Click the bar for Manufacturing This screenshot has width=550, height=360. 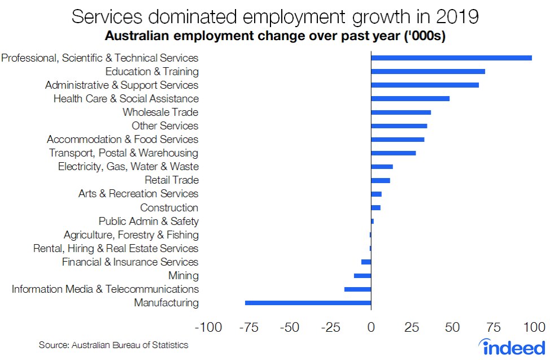[x=308, y=303]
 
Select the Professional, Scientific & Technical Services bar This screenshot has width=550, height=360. [x=451, y=58]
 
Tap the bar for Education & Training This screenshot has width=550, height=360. [x=427, y=72]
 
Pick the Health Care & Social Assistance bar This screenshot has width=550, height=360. [x=410, y=98]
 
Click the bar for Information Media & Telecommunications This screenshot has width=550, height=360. [x=357, y=289]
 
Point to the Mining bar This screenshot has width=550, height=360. [x=363, y=276]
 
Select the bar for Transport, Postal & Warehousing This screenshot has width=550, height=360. [x=393, y=153]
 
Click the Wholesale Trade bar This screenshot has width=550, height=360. [x=400, y=112]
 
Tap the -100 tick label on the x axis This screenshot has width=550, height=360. [x=208, y=327]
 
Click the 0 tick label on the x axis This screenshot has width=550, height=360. [x=371, y=327]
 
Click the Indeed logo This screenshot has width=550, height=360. [x=512, y=346]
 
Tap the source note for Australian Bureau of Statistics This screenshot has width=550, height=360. [x=114, y=345]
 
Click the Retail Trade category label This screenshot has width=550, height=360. [x=172, y=180]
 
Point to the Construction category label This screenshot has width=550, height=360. [x=169, y=207]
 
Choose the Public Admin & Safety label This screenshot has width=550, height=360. [x=149, y=221]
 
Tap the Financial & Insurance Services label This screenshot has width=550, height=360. [x=130, y=262]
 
